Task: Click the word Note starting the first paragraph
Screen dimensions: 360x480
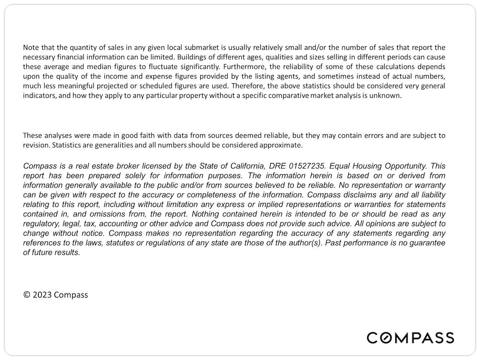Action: coord(30,48)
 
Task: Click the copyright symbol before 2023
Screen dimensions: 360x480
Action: coord(27,295)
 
